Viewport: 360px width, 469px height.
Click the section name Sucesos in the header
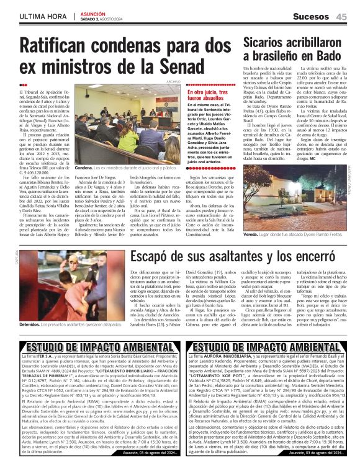coord(312,17)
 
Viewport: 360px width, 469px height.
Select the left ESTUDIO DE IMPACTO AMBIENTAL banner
coord(92,347)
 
